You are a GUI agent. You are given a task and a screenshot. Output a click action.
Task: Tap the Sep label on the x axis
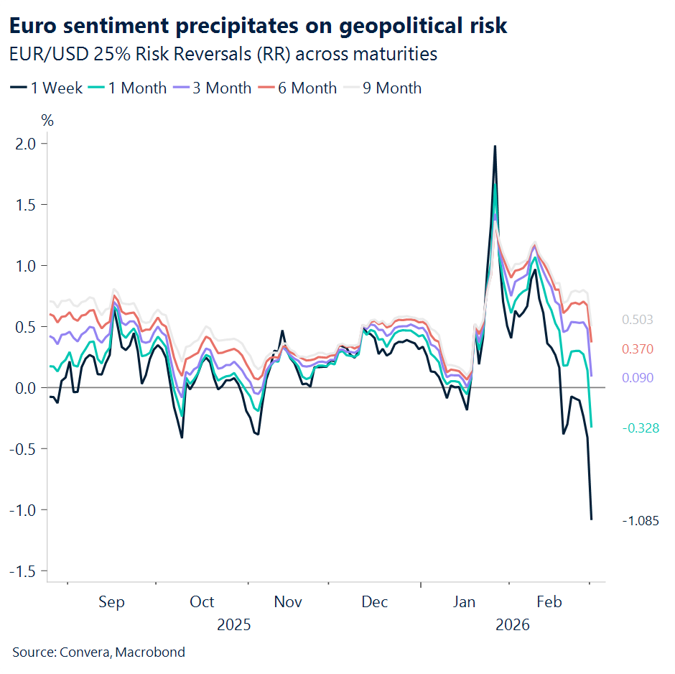[111, 602]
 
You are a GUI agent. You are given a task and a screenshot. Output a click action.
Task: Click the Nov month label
[288, 602]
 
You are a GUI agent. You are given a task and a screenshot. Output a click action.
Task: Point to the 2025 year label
[234, 625]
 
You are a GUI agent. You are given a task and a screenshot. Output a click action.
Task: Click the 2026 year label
[512, 625]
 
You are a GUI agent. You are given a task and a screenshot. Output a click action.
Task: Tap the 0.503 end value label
[638, 320]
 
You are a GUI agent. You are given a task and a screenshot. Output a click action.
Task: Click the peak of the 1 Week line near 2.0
[495, 146]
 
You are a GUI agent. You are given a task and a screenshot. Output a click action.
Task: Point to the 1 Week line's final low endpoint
[592, 519]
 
